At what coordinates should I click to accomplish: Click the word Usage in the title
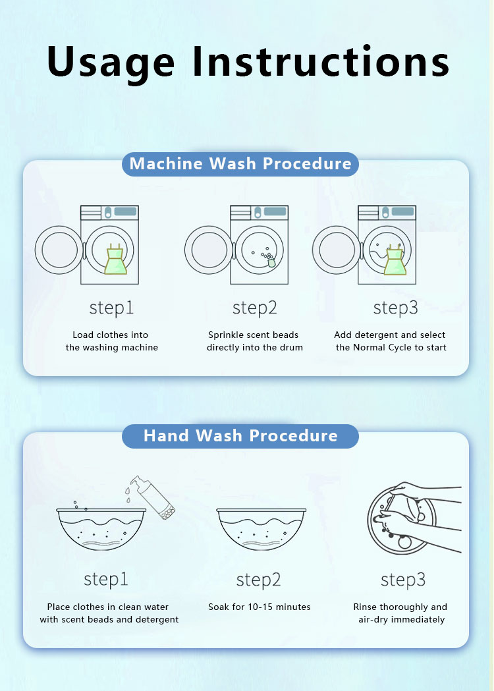tap(111, 63)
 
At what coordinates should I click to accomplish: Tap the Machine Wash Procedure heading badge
tap(240, 164)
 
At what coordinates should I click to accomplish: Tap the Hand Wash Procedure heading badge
tap(240, 436)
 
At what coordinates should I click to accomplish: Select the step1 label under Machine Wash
tap(111, 308)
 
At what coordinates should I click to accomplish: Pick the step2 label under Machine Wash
tap(255, 308)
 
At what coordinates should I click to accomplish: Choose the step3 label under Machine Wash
tap(395, 308)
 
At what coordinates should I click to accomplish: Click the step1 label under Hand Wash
tap(106, 580)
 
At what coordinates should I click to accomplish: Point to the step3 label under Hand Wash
tap(403, 580)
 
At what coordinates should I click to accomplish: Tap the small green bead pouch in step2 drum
tap(271, 263)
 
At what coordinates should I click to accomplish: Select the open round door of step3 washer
tap(337, 250)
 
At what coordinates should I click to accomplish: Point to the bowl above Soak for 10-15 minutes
tap(261, 529)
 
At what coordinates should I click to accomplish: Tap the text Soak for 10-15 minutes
tap(259, 607)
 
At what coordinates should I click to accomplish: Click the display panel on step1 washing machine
tap(125, 211)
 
